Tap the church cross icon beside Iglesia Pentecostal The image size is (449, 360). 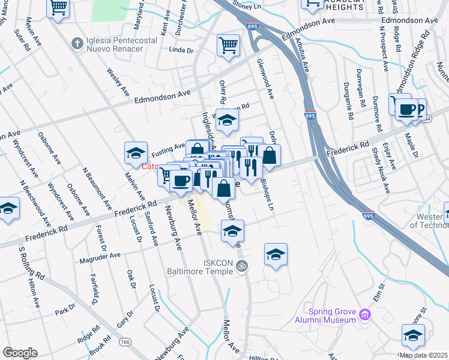coord(76,43)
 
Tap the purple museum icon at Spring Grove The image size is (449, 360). coord(366,314)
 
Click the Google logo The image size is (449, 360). coord(20,353)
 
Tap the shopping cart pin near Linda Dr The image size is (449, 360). coord(228,45)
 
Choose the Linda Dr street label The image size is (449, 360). coord(181,50)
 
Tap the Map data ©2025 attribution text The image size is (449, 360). coord(423,355)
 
